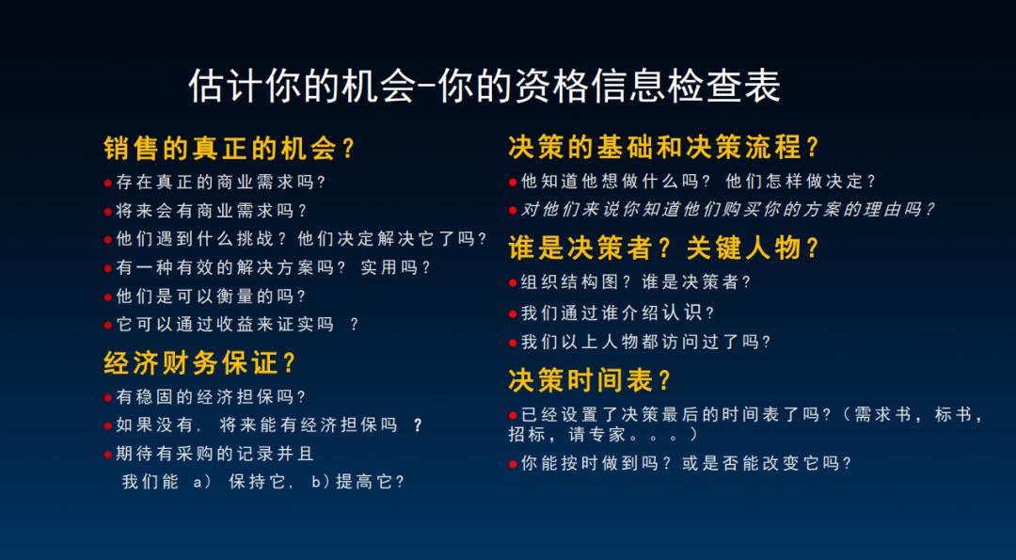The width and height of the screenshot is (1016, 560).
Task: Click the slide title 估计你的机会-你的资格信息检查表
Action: (484, 87)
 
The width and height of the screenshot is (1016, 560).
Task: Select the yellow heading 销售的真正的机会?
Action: (230, 149)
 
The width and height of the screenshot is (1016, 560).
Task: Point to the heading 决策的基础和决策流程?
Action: (664, 148)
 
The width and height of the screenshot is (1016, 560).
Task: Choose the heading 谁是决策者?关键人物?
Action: (664, 248)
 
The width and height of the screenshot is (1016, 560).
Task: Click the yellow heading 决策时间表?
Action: (591, 380)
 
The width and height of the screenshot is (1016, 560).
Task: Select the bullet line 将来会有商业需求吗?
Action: (212, 211)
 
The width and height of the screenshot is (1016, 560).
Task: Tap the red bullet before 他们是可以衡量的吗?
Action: (108, 296)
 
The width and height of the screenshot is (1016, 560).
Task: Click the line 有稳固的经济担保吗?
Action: (212, 397)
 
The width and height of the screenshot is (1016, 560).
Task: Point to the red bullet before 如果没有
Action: (108, 425)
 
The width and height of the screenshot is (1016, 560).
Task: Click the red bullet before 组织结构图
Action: (513, 281)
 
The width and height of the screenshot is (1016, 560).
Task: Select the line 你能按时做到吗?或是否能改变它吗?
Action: (686, 463)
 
